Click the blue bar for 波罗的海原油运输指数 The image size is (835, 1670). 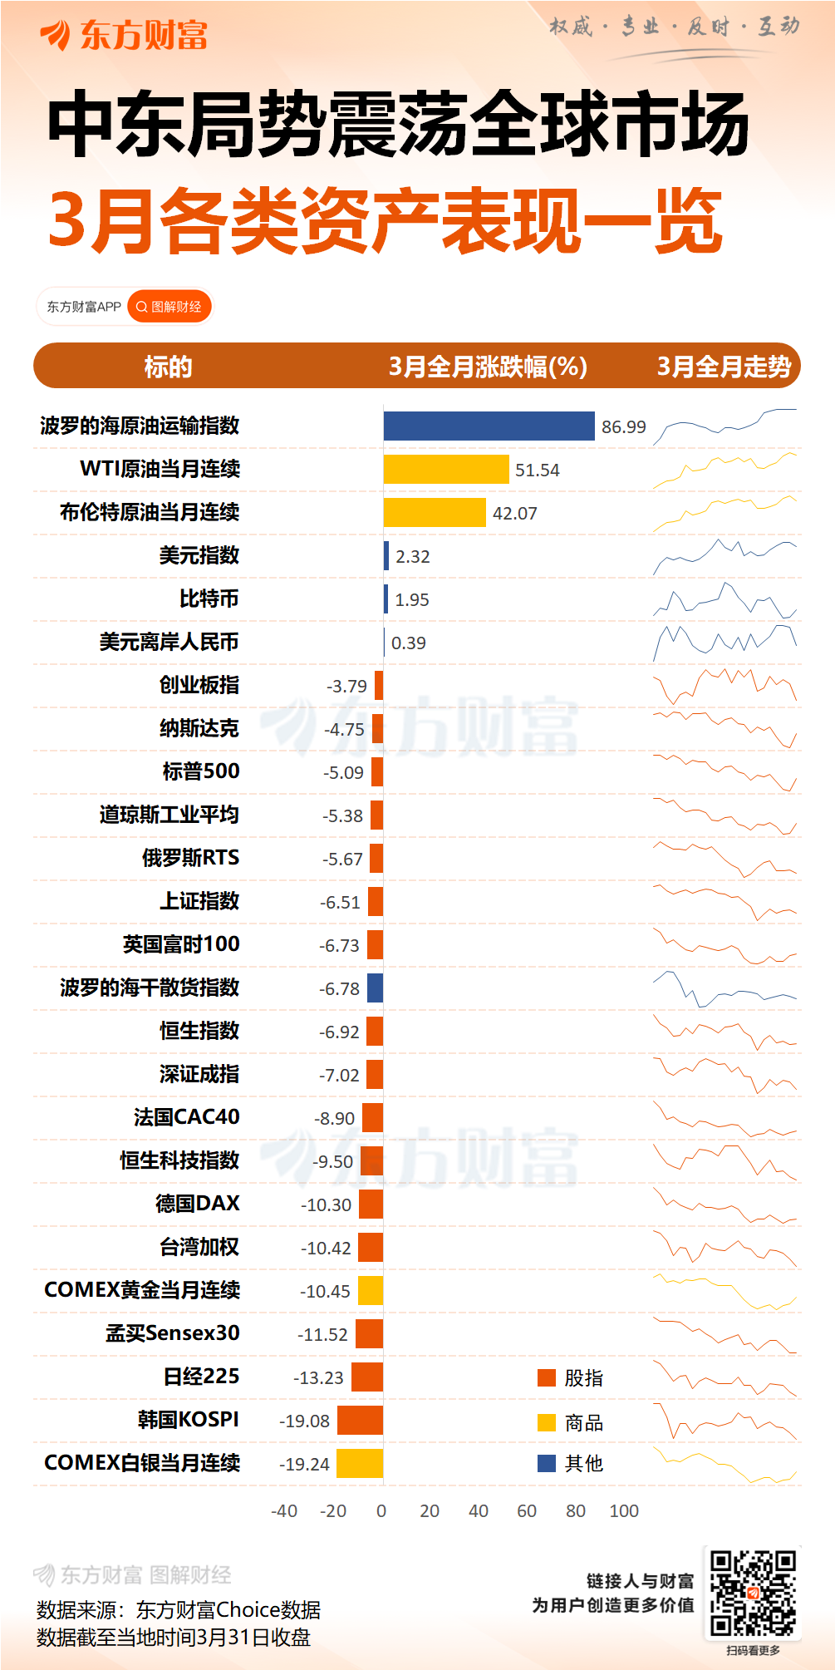(x=489, y=426)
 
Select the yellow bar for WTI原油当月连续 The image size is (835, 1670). (x=445, y=469)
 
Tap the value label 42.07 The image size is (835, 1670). (x=515, y=514)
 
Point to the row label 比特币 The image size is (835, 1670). (x=209, y=599)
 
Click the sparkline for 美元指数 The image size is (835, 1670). (x=724, y=555)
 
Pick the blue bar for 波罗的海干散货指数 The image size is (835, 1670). (x=375, y=988)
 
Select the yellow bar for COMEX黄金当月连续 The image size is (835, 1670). (x=371, y=1290)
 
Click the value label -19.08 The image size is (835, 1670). (x=304, y=1421)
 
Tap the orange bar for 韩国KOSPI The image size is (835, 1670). (x=360, y=1420)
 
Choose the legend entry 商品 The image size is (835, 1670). (x=583, y=1423)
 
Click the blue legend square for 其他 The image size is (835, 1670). (x=547, y=1463)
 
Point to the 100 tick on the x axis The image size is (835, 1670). (x=624, y=1511)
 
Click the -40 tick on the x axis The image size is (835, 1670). (x=284, y=1511)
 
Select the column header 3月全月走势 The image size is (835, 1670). (x=724, y=367)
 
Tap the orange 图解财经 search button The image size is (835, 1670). (x=169, y=307)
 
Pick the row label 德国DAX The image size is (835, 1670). (x=197, y=1203)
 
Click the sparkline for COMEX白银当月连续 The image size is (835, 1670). (x=724, y=1465)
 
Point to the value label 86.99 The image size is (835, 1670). (x=623, y=427)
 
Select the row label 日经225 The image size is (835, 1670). (x=201, y=1377)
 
